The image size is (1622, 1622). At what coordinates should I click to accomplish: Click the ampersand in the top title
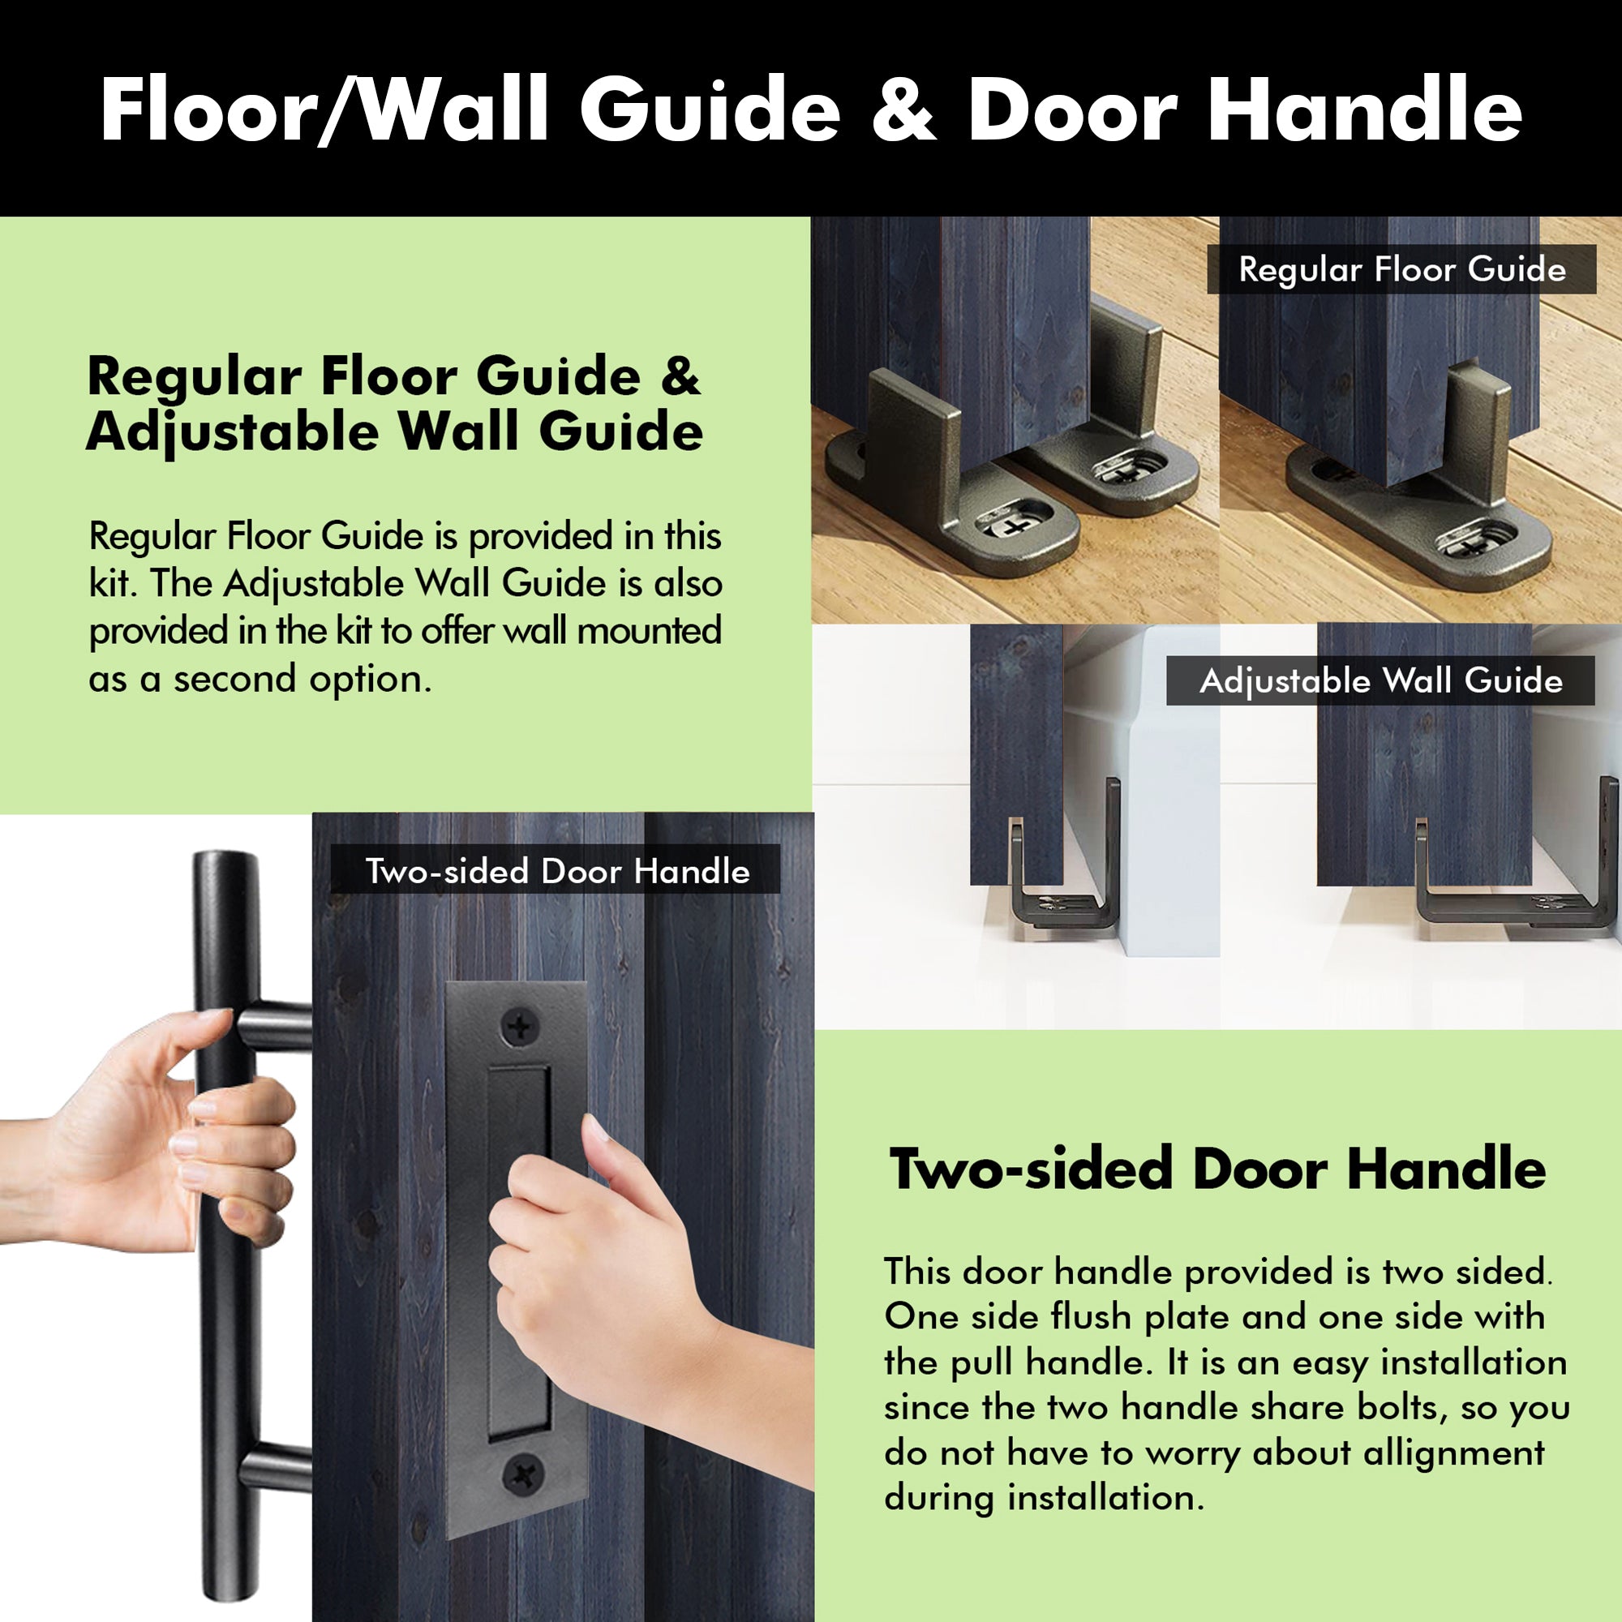point(903,110)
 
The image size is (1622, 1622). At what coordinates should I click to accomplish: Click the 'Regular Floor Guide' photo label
point(1401,269)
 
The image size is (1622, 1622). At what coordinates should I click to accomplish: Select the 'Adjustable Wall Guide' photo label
point(1380,681)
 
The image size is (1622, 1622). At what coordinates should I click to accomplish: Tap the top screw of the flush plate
point(521,1026)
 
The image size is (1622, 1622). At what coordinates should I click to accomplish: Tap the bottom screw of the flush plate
point(522,1473)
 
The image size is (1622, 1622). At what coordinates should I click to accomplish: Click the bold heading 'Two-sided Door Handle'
point(1217,1169)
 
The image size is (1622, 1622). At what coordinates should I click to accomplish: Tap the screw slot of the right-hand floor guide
point(1470,543)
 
